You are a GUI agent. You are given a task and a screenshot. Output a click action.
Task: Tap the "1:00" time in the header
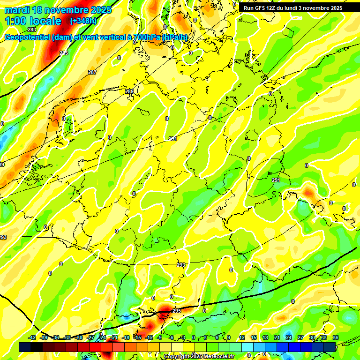coord(15,21)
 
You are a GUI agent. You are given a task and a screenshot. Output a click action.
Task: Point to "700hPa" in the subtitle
coord(146,37)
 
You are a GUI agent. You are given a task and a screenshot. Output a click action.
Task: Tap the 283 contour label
coord(31,30)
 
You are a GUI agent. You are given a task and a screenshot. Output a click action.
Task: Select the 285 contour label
coord(64,53)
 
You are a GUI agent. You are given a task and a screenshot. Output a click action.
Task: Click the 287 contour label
coord(92,72)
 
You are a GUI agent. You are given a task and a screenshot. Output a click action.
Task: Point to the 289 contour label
coord(129,91)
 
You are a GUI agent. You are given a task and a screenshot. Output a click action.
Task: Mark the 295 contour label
coord(177,311)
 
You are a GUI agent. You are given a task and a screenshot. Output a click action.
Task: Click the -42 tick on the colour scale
coord(32,337)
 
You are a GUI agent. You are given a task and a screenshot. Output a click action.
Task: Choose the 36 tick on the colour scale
coord(335,337)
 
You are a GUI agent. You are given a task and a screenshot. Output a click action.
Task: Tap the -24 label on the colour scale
coord(102,337)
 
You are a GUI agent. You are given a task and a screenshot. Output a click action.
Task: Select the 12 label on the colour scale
coord(241,337)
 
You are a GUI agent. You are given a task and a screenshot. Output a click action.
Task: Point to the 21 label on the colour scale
coord(277,337)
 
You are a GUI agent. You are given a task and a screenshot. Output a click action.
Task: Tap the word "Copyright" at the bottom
coord(177,357)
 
